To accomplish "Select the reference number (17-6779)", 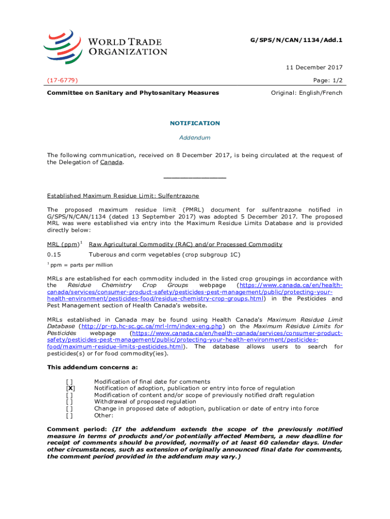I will pos(62,80).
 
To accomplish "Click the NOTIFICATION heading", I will pos(194,123).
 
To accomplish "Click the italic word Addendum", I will pos(194,137).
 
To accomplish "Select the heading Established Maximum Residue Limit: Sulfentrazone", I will pos(123,196).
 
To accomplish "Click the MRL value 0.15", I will pos(54,254).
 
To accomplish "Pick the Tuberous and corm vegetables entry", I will pos(164,254).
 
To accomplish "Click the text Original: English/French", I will pos(307,93).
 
